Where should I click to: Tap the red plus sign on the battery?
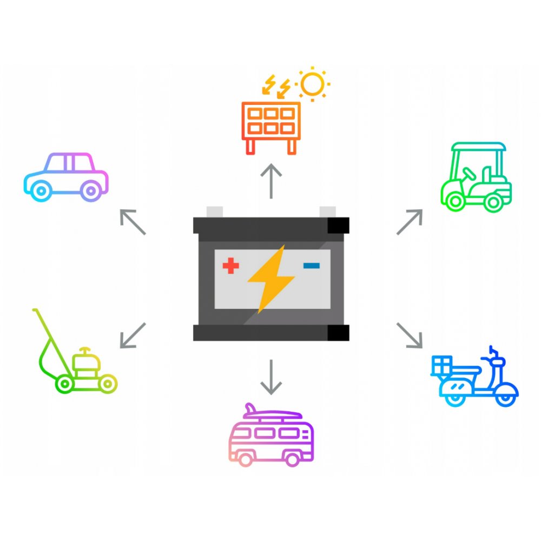tap(231, 266)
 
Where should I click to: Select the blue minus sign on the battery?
tap(312, 265)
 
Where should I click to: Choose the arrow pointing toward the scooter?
tap(409, 335)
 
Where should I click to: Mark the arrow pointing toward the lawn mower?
tap(133, 335)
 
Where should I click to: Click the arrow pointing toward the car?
tap(133, 222)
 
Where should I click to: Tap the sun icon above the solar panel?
tap(313, 84)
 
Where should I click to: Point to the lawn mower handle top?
tap(35, 311)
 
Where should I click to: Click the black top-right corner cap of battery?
tap(339, 225)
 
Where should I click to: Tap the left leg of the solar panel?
tap(250, 147)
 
